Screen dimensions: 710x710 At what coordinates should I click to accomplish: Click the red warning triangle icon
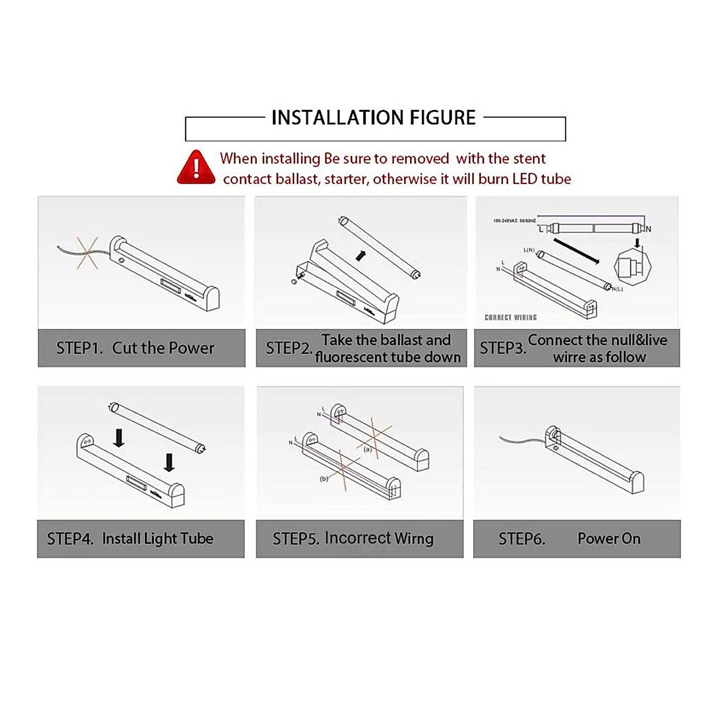click(196, 167)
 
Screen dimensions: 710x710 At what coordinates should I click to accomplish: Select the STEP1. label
click(79, 348)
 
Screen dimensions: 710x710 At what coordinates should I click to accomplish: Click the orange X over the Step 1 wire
click(86, 253)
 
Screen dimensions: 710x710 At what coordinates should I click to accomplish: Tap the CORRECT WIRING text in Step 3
click(511, 318)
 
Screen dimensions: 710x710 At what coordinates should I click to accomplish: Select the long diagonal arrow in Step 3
click(577, 251)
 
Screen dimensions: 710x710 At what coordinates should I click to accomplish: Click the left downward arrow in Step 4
click(119, 438)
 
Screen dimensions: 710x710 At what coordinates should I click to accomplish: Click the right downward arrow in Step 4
click(169, 462)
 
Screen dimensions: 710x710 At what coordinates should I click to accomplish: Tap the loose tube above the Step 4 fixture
click(157, 427)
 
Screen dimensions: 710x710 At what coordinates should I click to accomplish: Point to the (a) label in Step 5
click(367, 449)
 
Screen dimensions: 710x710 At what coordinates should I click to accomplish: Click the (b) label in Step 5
click(324, 479)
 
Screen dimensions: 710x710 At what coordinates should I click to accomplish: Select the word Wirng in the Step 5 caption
click(409, 538)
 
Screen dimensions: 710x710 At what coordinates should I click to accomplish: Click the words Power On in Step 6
click(609, 538)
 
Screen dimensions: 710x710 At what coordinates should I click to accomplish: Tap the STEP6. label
click(521, 538)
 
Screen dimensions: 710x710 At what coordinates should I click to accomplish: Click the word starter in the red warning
click(345, 179)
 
